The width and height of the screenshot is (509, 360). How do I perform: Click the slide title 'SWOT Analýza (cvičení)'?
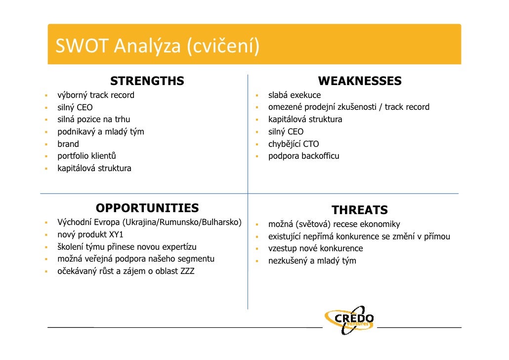point(157,47)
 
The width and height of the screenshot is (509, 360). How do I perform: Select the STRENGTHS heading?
point(147,81)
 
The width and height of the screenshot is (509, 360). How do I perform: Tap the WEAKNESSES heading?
point(359,81)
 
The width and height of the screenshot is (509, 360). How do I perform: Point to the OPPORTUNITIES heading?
point(147,208)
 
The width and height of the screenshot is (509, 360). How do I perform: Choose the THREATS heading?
point(359,210)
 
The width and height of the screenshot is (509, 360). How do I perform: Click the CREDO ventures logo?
point(349,319)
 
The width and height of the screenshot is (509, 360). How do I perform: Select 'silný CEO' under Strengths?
point(75,107)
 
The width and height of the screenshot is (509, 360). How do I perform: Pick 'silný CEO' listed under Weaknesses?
point(286,132)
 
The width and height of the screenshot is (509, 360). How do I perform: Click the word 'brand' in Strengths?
point(68,144)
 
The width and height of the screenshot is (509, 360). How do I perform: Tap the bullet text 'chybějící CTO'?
point(294,144)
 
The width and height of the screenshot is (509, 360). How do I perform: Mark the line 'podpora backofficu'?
point(303,156)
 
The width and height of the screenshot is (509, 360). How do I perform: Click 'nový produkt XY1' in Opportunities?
point(90,234)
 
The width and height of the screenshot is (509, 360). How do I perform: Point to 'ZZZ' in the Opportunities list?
point(187,271)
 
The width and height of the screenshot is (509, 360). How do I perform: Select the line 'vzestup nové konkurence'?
point(315,248)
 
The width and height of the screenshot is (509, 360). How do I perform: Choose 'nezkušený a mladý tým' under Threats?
point(312,261)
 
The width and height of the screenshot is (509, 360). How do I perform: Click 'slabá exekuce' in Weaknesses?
point(294,95)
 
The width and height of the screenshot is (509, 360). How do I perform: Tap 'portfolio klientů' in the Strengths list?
point(87,156)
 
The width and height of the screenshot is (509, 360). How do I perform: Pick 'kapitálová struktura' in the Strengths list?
point(94,169)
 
